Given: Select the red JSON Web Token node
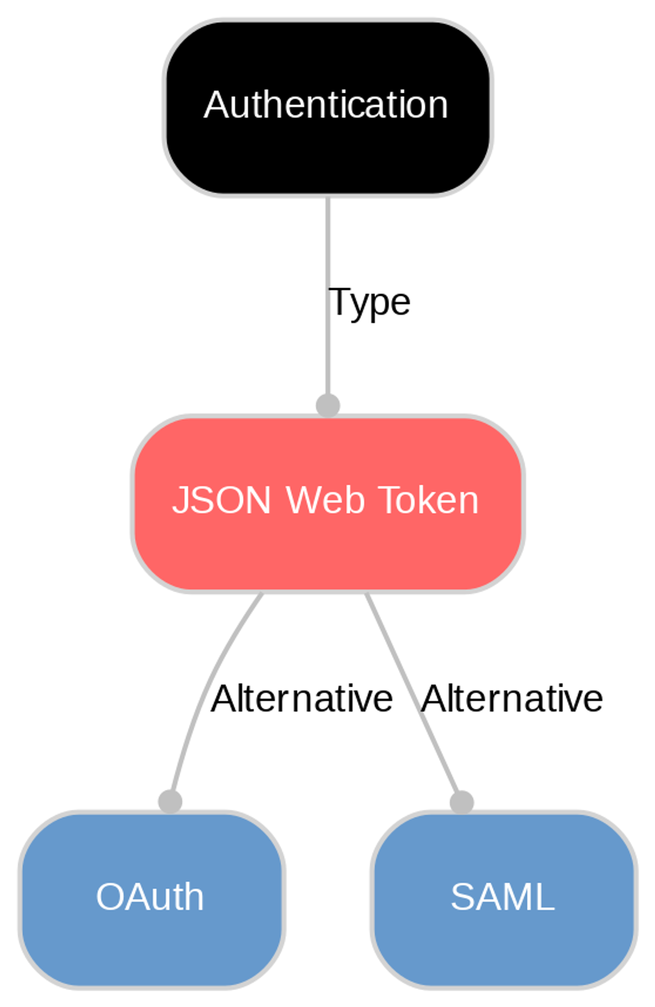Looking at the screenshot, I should click(x=327, y=551).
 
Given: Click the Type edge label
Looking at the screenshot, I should click(x=370, y=302).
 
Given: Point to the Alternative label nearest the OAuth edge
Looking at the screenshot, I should click(x=301, y=699).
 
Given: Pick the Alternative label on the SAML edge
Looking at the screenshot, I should click(x=511, y=699).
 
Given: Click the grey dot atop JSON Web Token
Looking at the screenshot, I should click(x=328, y=406).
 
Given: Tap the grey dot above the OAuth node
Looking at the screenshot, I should click(x=170, y=802).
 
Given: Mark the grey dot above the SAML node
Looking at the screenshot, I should click(x=462, y=802).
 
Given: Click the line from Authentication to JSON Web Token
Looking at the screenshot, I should click(x=327, y=246).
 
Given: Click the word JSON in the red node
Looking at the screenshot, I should click(x=221, y=500).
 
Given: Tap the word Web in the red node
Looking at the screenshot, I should click(x=325, y=500).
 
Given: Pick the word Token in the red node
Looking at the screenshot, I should click(x=428, y=500).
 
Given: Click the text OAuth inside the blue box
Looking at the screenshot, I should click(x=150, y=897).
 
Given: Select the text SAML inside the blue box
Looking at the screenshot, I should click(x=502, y=897).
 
